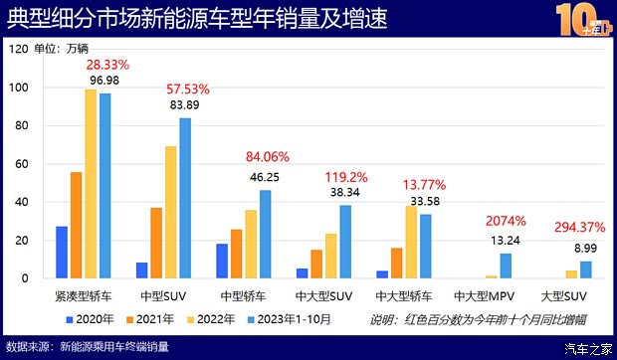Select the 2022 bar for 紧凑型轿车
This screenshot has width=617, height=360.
point(91,184)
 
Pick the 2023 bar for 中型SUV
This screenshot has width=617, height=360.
point(185,198)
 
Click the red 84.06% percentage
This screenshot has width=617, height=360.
point(269,156)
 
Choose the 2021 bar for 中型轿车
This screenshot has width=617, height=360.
point(236,254)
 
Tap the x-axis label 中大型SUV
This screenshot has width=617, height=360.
point(323,295)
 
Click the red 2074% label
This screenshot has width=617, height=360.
point(507,221)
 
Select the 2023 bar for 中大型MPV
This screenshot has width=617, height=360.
point(506,266)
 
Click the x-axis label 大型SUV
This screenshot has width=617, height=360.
point(565,295)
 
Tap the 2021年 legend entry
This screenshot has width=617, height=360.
point(152,319)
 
